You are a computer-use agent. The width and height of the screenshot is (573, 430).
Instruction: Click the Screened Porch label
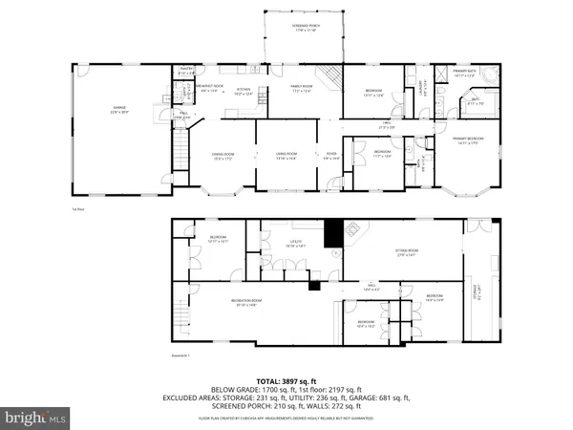(304, 30)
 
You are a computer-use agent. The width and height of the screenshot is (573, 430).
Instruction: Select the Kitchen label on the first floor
(243, 93)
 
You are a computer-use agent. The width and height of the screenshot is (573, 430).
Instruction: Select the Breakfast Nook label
(208, 89)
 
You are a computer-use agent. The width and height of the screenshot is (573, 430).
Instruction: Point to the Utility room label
(297, 244)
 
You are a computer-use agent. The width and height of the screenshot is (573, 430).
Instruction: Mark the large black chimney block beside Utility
(332, 233)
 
